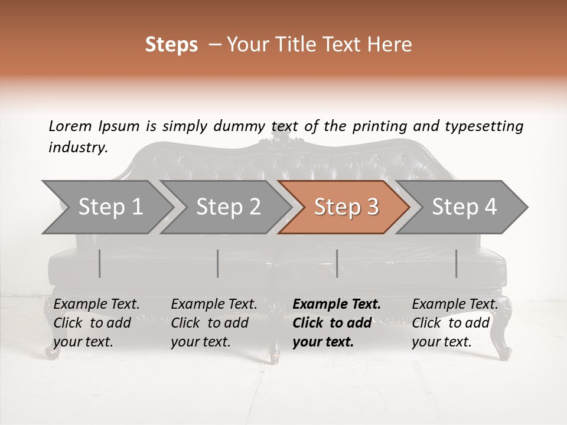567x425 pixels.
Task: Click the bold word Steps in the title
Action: pyautogui.click(x=171, y=45)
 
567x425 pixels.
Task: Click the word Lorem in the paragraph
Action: pyautogui.click(x=70, y=126)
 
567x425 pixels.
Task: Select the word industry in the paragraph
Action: pyautogui.click(x=77, y=147)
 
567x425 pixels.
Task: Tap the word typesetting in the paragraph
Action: pyautogui.click(x=484, y=126)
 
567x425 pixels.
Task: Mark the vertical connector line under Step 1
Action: pyautogui.click(x=100, y=263)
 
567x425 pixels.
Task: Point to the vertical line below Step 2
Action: pyautogui.click(x=218, y=263)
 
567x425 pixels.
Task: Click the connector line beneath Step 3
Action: pyautogui.click(x=337, y=263)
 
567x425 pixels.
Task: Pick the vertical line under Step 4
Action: pyautogui.click(x=456, y=263)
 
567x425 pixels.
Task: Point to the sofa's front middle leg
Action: pyautogui.click(x=275, y=345)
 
